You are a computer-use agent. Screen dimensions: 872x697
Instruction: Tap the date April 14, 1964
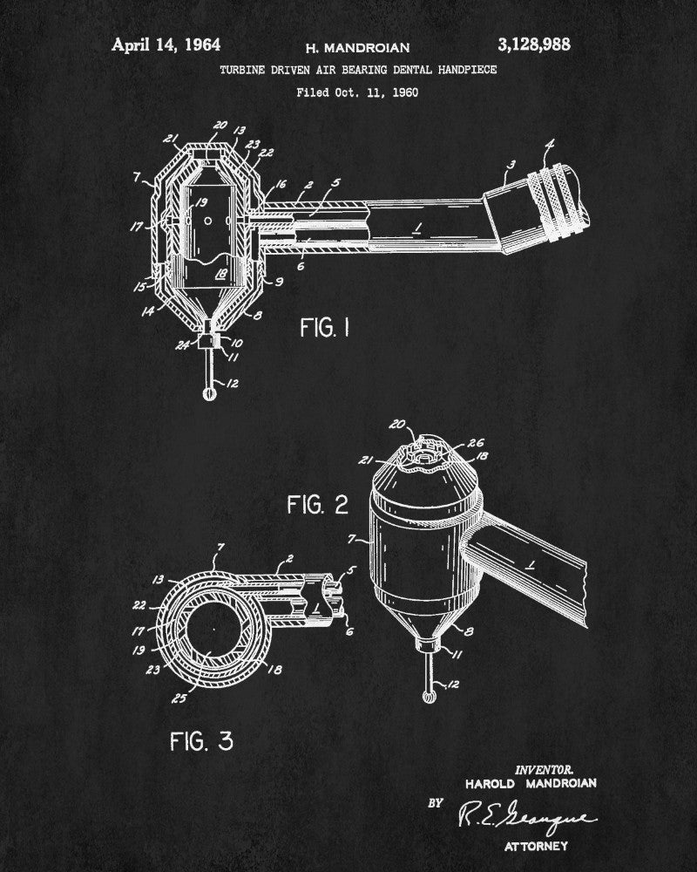(x=166, y=44)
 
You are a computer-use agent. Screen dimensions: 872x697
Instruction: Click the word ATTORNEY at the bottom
(x=531, y=846)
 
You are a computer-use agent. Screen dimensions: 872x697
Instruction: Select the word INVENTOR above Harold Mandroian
(x=544, y=769)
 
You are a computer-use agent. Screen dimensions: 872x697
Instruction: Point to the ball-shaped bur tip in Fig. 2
(x=427, y=697)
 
